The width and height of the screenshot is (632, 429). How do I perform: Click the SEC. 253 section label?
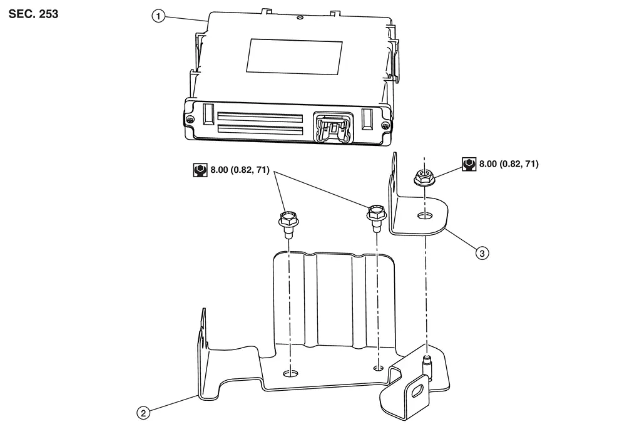(34, 14)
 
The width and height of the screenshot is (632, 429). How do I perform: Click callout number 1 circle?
(158, 17)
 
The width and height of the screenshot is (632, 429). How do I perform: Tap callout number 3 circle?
(481, 253)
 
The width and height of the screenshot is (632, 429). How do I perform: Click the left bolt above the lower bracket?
(287, 223)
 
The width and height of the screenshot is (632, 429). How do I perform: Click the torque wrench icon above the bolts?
(200, 169)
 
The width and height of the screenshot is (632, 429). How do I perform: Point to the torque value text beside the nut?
(509, 164)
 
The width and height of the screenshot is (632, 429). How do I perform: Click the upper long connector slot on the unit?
(260, 117)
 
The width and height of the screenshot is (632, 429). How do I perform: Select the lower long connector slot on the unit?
(260, 132)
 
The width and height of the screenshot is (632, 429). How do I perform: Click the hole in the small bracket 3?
(425, 215)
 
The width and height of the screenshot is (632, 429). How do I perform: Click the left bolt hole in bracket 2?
(290, 375)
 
